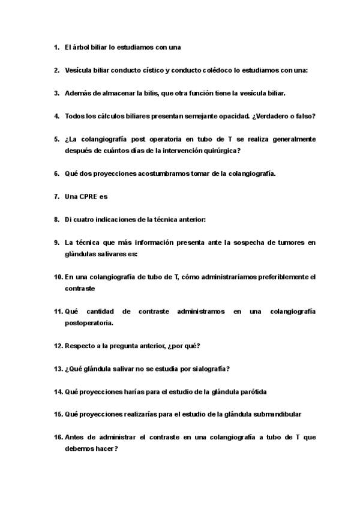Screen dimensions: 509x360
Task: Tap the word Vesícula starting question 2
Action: (x=80, y=70)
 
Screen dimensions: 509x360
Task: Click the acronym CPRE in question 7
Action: (x=89, y=196)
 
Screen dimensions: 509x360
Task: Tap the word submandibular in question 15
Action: (x=274, y=414)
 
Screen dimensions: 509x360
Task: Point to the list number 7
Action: (x=56, y=196)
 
